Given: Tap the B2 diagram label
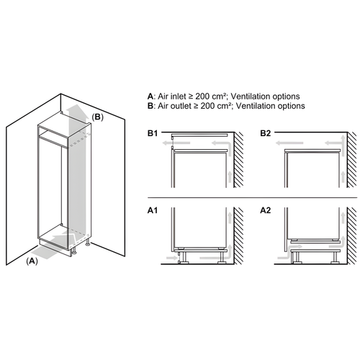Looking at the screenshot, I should tap(264, 134).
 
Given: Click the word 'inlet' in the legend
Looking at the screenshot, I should tap(177, 96).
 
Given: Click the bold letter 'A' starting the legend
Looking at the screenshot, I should tap(150, 96).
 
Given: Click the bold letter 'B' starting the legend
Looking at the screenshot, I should tap(150, 106).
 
